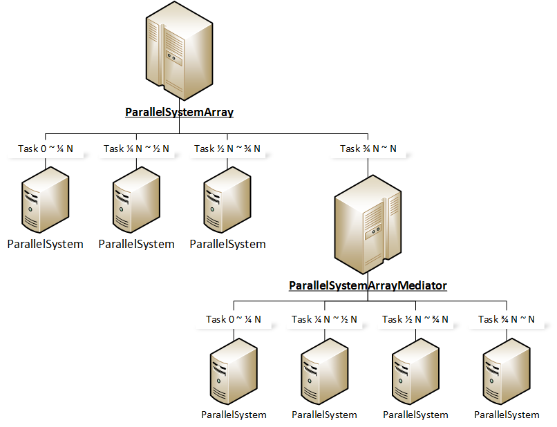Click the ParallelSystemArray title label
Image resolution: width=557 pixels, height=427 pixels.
[x=179, y=112]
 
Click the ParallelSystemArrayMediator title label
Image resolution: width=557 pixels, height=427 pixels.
[x=368, y=285]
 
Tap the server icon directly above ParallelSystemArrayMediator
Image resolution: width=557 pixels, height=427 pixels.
[x=368, y=225]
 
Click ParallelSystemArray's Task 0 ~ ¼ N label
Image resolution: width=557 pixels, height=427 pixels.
[x=46, y=149]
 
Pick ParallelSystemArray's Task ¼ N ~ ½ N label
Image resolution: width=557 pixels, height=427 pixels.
[x=136, y=149]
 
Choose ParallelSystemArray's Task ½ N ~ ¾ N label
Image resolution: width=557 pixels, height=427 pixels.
[x=227, y=149]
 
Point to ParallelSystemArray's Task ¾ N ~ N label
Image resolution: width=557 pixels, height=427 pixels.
[x=368, y=149]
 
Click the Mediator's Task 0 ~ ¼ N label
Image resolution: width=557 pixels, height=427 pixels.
[x=234, y=319]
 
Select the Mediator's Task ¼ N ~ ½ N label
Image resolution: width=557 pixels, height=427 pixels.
[x=324, y=319]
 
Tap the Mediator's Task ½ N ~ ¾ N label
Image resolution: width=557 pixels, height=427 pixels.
[x=415, y=319]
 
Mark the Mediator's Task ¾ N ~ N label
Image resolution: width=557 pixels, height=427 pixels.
[x=507, y=319]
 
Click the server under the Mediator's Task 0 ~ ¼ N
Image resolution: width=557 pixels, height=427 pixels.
[x=234, y=372]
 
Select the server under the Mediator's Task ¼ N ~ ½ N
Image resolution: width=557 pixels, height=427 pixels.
[x=324, y=372]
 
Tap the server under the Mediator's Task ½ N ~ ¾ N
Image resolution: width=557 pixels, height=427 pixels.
[x=415, y=372]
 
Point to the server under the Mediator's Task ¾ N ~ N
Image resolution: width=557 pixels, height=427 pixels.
[x=507, y=372]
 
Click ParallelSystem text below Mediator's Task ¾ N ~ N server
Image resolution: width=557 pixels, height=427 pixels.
[x=507, y=415]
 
